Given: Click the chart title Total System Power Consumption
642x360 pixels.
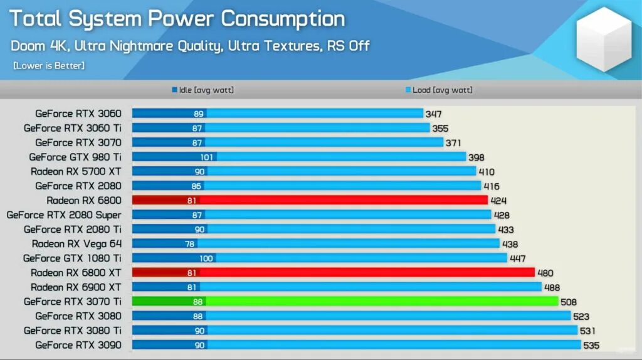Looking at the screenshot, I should (176, 19).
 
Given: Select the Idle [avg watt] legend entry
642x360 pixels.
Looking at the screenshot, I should (203, 90).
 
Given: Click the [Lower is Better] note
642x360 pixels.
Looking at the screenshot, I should (49, 65).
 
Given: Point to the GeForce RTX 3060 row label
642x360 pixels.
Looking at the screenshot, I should (78, 114).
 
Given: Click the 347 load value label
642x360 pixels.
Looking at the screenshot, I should (433, 114).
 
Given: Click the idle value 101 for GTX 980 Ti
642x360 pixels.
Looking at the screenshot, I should (208, 157).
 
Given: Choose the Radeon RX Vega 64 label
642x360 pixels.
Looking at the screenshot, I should (77, 243).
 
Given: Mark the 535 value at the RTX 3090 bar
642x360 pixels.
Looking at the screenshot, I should (591, 346).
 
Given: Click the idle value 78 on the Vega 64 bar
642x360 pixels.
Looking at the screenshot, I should (190, 244).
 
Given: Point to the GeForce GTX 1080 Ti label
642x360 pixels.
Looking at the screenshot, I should (73, 258).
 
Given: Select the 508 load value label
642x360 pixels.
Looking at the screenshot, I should (568, 302).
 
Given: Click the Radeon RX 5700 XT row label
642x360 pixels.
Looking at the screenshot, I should (76, 171).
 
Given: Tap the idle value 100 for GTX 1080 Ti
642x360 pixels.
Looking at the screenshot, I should (206, 258).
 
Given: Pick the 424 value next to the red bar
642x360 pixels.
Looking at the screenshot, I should (498, 201).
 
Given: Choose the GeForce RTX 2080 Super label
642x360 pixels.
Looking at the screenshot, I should (64, 214).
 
